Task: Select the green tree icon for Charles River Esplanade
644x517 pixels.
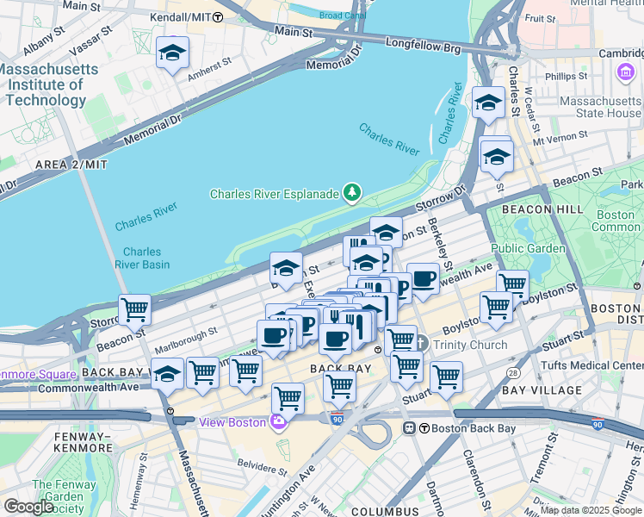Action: [x=351, y=193]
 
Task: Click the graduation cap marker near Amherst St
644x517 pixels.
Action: [x=172, y=53]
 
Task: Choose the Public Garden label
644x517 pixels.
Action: [x=528, y=249]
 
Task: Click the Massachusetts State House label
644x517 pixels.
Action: [x=589, y=107]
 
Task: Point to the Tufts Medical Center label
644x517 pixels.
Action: [x=592, y=365]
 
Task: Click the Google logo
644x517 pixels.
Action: [x=28, y=507]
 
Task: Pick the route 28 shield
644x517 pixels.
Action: [x=514, y=371]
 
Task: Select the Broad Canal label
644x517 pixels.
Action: [x=342, y=15]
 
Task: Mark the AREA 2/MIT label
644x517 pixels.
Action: [x=71, y=164]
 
